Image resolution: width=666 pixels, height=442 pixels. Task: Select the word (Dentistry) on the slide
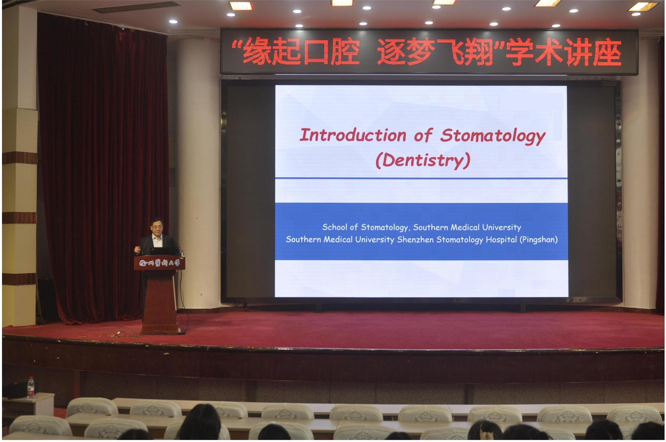(423, 160)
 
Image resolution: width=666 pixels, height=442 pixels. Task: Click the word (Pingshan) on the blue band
(538, 240)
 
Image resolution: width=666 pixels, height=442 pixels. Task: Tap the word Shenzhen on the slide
(415, 240)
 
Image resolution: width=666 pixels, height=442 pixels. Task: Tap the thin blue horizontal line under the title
(421, 178)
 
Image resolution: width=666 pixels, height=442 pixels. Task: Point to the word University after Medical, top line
(502, 228)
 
